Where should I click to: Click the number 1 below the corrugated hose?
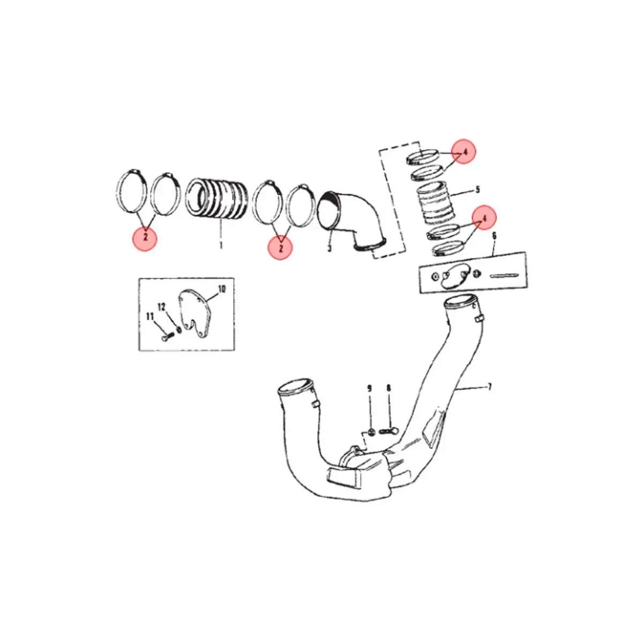[220, 246]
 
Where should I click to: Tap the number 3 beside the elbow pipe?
[329, 249]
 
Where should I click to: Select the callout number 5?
[477, 189]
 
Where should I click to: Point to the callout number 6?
[494, 236]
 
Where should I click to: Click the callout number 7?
[490, 386]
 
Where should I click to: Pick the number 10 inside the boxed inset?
[222, 289]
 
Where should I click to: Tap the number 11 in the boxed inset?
[150, 317]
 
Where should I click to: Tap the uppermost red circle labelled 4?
[465, 152]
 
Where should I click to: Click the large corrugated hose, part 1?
[217, 198]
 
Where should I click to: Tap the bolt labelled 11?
[166, 339]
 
